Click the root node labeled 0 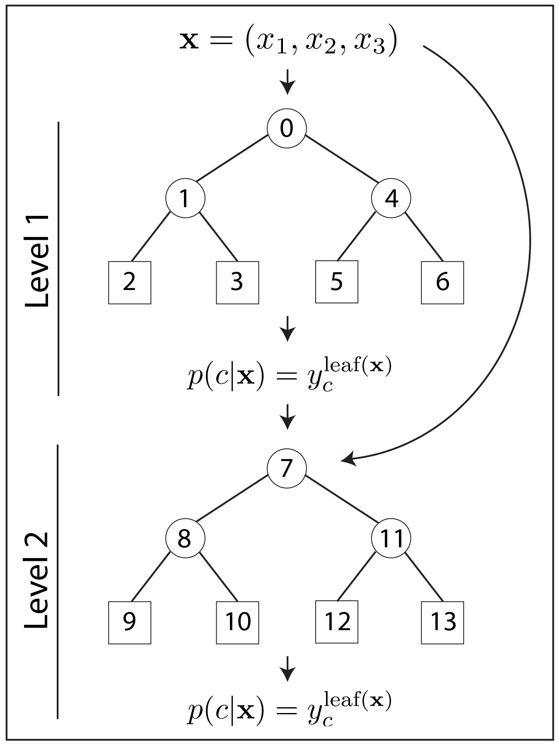tap(287, 128)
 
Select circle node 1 tap(185, 198)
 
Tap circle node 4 tap(391, 198)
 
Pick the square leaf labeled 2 tap(130, 283)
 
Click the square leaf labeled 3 tap(237, 283)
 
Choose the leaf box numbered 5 tap(336, 282)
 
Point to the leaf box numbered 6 tap(442, 283)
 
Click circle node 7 tap(287, 468)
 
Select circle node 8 tap(185, 538)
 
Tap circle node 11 tap(391, 538)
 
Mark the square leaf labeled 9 tap(130, 623)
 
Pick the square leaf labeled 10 tap(237, 623)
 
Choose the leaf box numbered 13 tap(442, 623)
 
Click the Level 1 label tap(37, 261)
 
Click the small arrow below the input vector tap(287, 82)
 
